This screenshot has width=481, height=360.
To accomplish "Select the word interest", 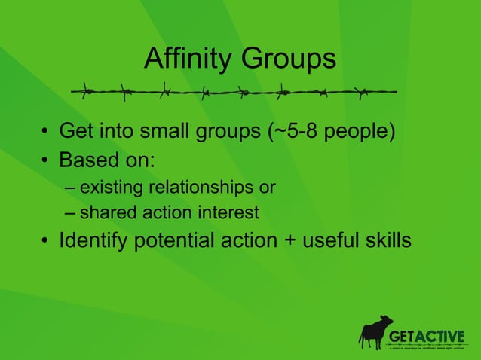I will (229, 213).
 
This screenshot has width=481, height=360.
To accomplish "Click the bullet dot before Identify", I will (46, 243).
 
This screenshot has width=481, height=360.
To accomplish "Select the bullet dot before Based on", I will (46, 161).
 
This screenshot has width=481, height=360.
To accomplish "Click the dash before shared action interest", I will (70, 213).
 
